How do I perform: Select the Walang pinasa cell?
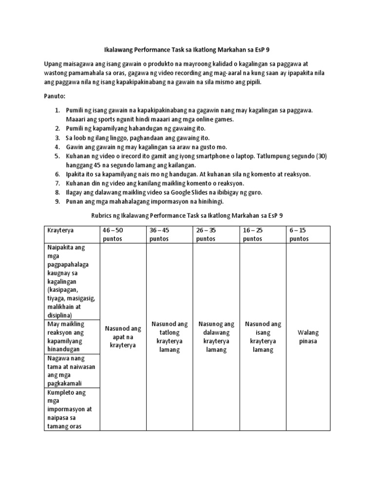309,337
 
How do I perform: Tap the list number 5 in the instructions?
56,156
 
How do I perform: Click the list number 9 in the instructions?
56,201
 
